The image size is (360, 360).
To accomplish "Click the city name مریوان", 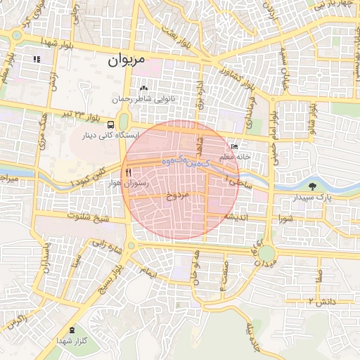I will point(127,60).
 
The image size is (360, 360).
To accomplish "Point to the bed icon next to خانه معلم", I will point(233,146).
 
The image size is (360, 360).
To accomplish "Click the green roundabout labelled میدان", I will point(266,253).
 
